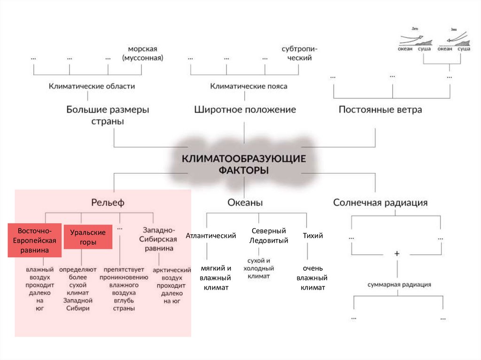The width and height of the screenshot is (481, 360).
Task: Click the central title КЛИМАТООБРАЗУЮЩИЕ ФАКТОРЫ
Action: pos(244,163)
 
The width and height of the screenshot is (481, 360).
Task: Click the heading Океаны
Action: pos(245,203)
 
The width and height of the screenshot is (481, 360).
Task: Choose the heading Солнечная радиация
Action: pos(380,203)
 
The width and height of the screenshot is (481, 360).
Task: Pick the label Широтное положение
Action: pos(245,110)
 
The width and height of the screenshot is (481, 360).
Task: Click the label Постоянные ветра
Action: pos(380,110)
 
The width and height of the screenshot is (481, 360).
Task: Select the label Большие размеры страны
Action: pos(108,115)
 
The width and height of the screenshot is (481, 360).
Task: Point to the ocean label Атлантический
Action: pos(210,236)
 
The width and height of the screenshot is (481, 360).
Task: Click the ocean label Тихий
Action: pos(313,236)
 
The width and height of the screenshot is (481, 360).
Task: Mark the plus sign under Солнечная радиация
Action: pos(397,253)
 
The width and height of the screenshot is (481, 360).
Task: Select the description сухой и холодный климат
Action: pos(258,268)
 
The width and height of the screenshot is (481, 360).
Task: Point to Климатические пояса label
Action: pos(248,86)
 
